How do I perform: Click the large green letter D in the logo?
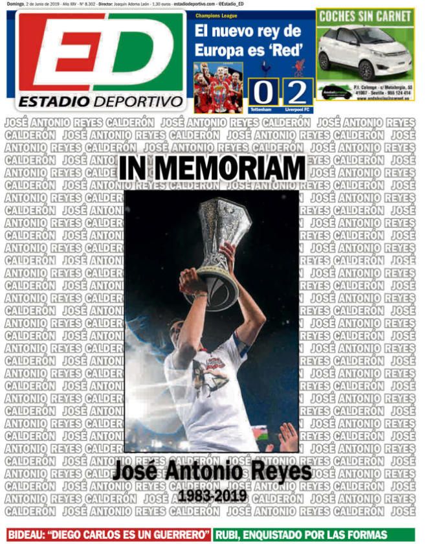coord(139,52)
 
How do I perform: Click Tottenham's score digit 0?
coord(263,92)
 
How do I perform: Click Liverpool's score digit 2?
coord(297,92)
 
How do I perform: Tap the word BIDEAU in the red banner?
coord(32,535)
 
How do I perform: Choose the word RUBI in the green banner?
coord(232,535)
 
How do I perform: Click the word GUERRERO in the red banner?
coord(179,535)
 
